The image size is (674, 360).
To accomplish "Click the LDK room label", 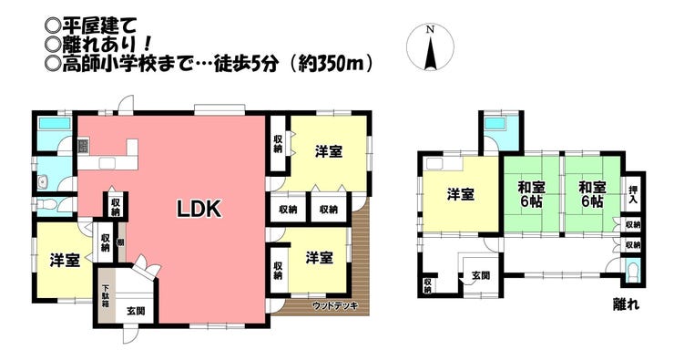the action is pos(199,209).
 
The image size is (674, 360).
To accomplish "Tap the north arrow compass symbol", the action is pos(430,46).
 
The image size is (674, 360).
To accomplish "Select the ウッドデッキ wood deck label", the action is pos(335,306).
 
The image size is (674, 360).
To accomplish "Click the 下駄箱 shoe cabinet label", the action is pos(106,295).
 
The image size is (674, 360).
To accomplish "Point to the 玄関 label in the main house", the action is pos(136,311).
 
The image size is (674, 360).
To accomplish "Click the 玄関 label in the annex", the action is pos(481,275).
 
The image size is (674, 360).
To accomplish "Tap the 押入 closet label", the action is pos(633,195).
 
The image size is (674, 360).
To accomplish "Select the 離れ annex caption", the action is pos(626,304).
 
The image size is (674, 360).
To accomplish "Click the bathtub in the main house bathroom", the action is pos(55,124).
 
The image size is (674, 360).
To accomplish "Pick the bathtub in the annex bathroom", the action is pos(495,124).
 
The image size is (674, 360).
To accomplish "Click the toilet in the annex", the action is pos(633,271).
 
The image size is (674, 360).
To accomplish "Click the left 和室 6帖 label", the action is pos(531,195).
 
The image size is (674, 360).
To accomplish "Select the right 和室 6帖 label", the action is pos(592,195).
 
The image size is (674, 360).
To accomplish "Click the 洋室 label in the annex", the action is pos(460,195).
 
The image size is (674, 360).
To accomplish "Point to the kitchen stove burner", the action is pos(83,147).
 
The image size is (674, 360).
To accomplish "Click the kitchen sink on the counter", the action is pos(107,163).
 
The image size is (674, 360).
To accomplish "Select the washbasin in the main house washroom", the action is pos(44,182).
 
